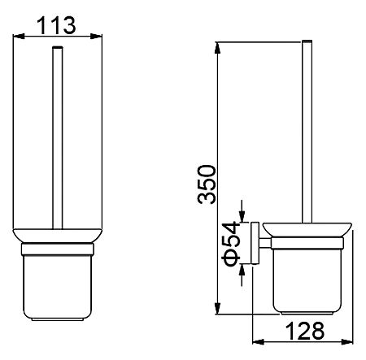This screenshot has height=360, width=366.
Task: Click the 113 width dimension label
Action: pyautogui.click(x=56, y=25)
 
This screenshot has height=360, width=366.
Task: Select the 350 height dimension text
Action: pyautogui.click(x=207, y=184)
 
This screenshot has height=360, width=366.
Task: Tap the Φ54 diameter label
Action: pyautogui.click(x=231, y=244)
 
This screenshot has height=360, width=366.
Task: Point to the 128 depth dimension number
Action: pyautogui.click(x=305, y=331)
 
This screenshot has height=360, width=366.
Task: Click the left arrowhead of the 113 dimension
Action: pyautogui.click(x=19, y=37)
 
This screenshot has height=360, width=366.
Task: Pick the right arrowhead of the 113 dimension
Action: pyautogui.click(x=96, y=37)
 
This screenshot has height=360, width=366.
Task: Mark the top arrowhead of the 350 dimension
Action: pyautogui.click(x=217, y=48)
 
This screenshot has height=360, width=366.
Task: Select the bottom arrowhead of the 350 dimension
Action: pyautogui.click(x=217, y=309)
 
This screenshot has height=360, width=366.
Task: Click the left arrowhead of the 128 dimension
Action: pyautogui.click(x=258, y=341)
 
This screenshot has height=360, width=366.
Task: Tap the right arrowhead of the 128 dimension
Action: pyautogui.click(x=347, y=341)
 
